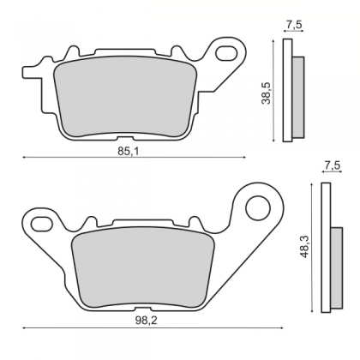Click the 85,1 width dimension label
129,152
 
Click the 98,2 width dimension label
146,321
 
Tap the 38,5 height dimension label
267,93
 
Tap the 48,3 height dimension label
306,247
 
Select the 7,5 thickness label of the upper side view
293,25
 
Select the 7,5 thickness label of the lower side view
333,165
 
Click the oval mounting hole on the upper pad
226,53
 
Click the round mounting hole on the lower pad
258,208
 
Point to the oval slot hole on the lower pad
40,224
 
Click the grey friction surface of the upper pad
125,96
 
